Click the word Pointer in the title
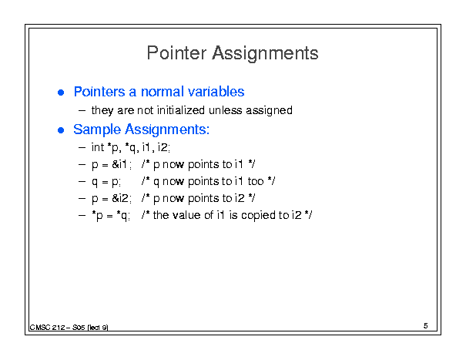point(176,53)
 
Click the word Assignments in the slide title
point(265,54)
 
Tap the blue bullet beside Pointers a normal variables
point(61,93)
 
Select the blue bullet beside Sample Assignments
point(61,130)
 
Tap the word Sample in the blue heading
point(97,130)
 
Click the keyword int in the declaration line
point(98,147)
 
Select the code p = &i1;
point(112,164)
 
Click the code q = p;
point(106,182)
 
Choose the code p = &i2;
point(112,198)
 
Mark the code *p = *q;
point(111,216)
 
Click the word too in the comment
point(256,181)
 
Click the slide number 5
point(426,326)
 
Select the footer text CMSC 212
point(47,328)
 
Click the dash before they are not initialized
point(82,111)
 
